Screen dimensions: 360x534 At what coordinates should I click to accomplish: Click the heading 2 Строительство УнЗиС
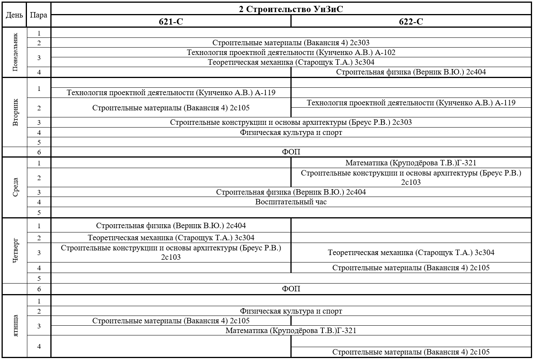pos(291,9)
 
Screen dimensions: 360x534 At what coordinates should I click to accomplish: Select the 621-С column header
pos(171,22)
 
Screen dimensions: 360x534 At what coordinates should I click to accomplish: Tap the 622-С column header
pos(411,22)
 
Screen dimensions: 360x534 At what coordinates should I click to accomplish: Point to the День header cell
pos(14,15)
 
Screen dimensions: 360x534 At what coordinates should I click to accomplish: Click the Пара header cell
pos(39,15)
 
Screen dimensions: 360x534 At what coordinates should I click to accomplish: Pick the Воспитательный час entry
pos(291,202)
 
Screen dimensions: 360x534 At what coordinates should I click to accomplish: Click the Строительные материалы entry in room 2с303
pos(291,43)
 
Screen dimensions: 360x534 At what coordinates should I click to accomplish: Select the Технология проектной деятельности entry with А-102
pos(291,53)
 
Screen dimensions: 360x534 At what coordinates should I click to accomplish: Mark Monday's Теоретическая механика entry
pos(291,62)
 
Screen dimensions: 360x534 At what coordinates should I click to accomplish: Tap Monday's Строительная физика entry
pos(411,72)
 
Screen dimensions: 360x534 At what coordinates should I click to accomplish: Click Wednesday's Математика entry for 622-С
pos(411,163)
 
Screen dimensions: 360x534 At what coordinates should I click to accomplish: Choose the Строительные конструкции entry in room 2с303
pos(291,122)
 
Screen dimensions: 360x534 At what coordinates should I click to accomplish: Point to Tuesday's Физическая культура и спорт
pos(291,133)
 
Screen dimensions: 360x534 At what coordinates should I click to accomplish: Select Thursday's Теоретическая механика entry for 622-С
pos(411,253)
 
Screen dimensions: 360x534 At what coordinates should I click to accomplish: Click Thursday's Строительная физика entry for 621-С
pos(171,225)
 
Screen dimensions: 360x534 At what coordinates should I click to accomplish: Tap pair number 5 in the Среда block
pos(39,213)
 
